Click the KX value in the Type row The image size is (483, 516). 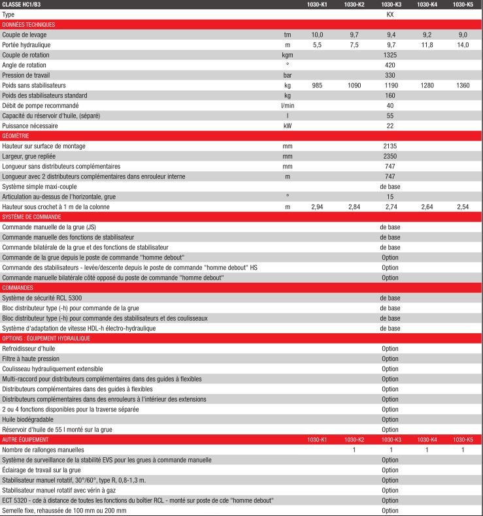[x=390, y=14]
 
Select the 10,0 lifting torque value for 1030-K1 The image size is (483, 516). [x=317, y=34]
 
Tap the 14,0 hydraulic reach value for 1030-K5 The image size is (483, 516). [x=463, y=44]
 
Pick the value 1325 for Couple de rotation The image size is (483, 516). [x=390, y=55]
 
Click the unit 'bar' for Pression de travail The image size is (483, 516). [x=287, y=75]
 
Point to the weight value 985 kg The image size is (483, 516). [x=317, y=85]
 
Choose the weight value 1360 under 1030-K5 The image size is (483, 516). [x=463, y=85]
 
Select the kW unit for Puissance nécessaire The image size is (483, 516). [x=287, y=125]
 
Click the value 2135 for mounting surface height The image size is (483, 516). [x=390, y=146]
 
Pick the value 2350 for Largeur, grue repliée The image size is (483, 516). [x=390, y=156]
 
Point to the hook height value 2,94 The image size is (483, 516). [x=317, y=206]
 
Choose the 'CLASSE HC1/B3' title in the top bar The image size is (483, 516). [x=21, y=5]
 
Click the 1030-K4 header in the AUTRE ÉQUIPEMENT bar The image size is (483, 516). [x=426, y=440]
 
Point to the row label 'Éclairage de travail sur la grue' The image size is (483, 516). [x=42, y=470]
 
